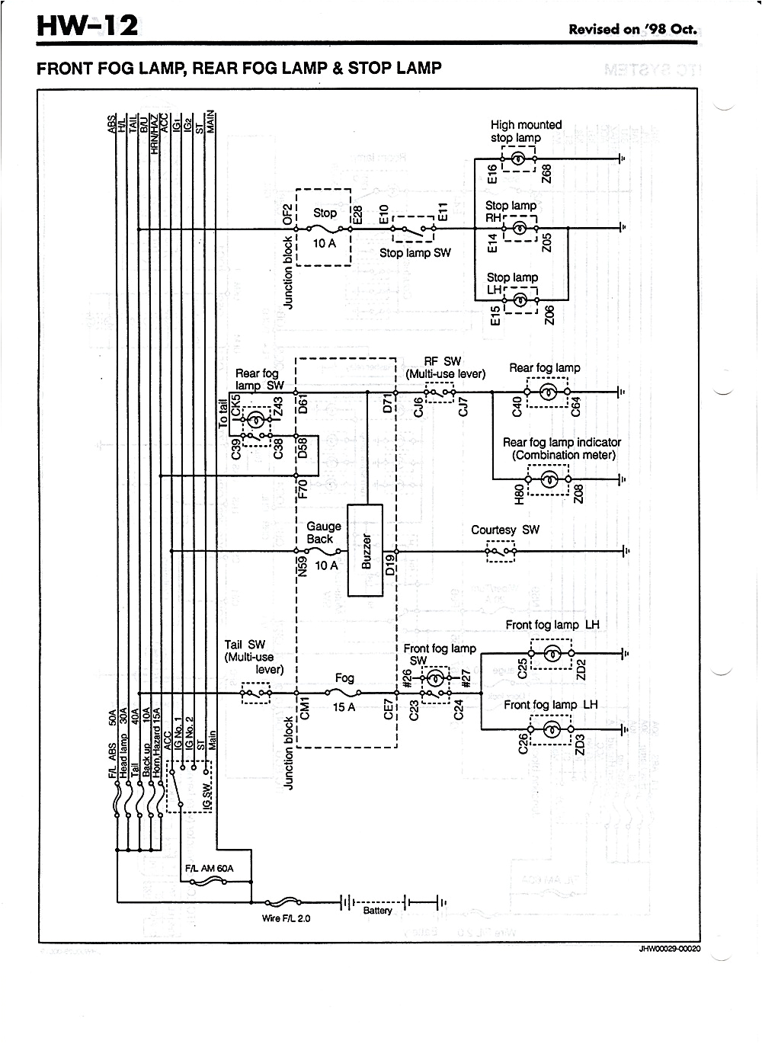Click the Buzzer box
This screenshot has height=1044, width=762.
tap(366, 549)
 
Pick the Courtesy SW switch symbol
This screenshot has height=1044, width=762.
tap(501, 550)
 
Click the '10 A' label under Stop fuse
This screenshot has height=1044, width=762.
tap(325, 243)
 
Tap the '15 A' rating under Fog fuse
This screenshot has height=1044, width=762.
tap(344, 707)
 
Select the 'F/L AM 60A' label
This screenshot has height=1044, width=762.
tap(209, 869)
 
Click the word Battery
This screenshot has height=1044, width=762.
tap(377, 911)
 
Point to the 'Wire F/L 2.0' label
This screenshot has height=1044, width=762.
tap(286, 918)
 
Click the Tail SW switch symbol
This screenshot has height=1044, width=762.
tap(256, 693)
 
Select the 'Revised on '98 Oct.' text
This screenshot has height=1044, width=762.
tap(632, 30)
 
